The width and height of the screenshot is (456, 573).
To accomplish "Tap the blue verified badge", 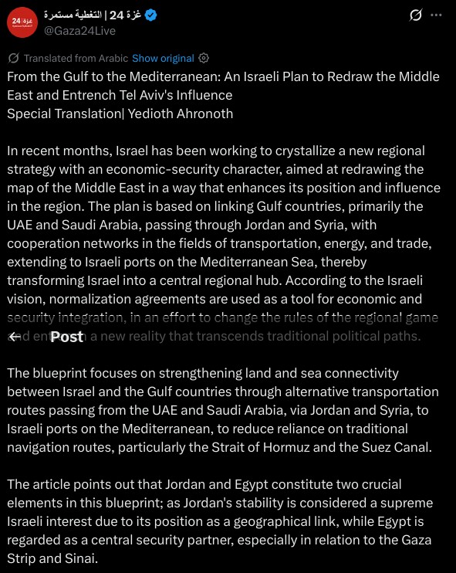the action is pyautogui.click(x=151, y=15).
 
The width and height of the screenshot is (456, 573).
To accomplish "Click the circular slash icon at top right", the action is pyautogui.click(x=415, y=15).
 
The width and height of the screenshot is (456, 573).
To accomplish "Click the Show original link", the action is pyautogui.click(x=163, y=58).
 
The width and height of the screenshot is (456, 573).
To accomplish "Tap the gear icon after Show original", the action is pyautogui.click(x=204, y=58).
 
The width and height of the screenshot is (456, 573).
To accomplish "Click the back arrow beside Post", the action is pyautogui.click(x=15, y=337).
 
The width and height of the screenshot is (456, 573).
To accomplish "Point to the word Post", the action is pyautogui.click(x=66, y=337).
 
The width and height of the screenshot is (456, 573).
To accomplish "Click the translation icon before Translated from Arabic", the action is pyautogui.click(x=13, y=58).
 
